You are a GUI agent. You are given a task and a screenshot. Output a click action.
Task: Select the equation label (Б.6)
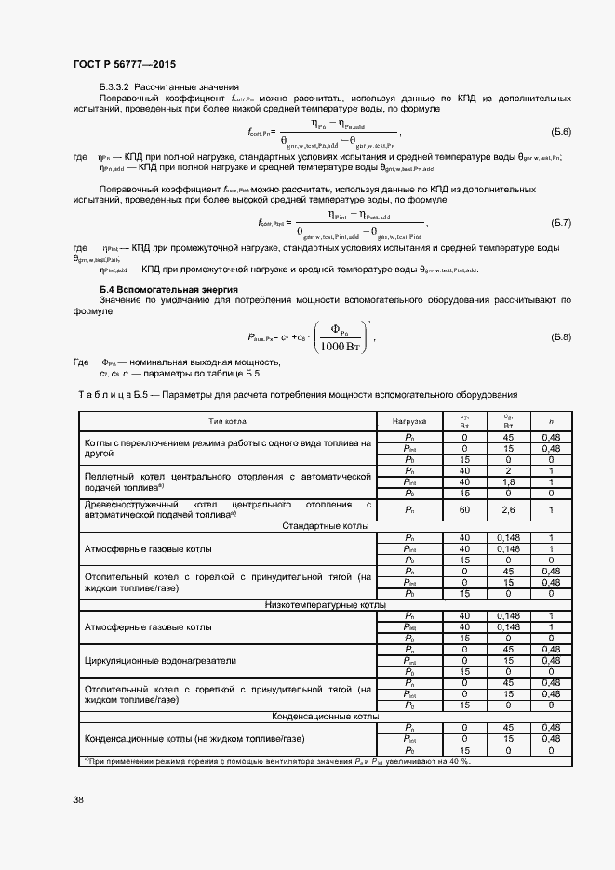tap(561, 131)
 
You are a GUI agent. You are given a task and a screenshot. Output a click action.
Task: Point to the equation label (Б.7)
tap(561, 224)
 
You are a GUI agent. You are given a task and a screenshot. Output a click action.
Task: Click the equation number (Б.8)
tap(561, 336)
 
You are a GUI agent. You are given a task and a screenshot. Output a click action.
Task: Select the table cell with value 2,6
tap(508, 509)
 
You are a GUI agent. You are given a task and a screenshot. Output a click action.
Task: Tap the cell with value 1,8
tap(508, 482)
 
